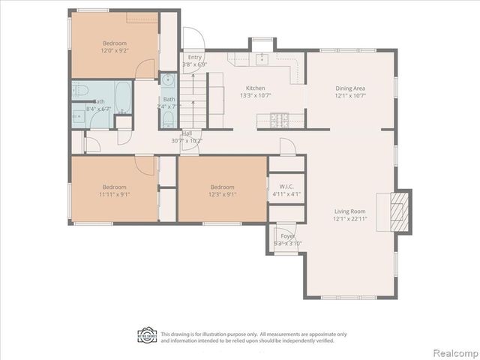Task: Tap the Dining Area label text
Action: tap(349, 88)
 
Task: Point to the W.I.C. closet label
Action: tap(285, 187)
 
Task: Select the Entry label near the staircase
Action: tap(195, 57)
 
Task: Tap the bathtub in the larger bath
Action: tap(122, 96)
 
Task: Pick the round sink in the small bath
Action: tap(168, 80)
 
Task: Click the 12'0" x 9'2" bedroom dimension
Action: tap(115, 50)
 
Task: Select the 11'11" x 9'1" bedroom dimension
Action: tap(114, 194)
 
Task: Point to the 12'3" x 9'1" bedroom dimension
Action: tap(222, 194)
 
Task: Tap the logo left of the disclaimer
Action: tap(147, 335)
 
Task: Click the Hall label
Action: tap(186, 133)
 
